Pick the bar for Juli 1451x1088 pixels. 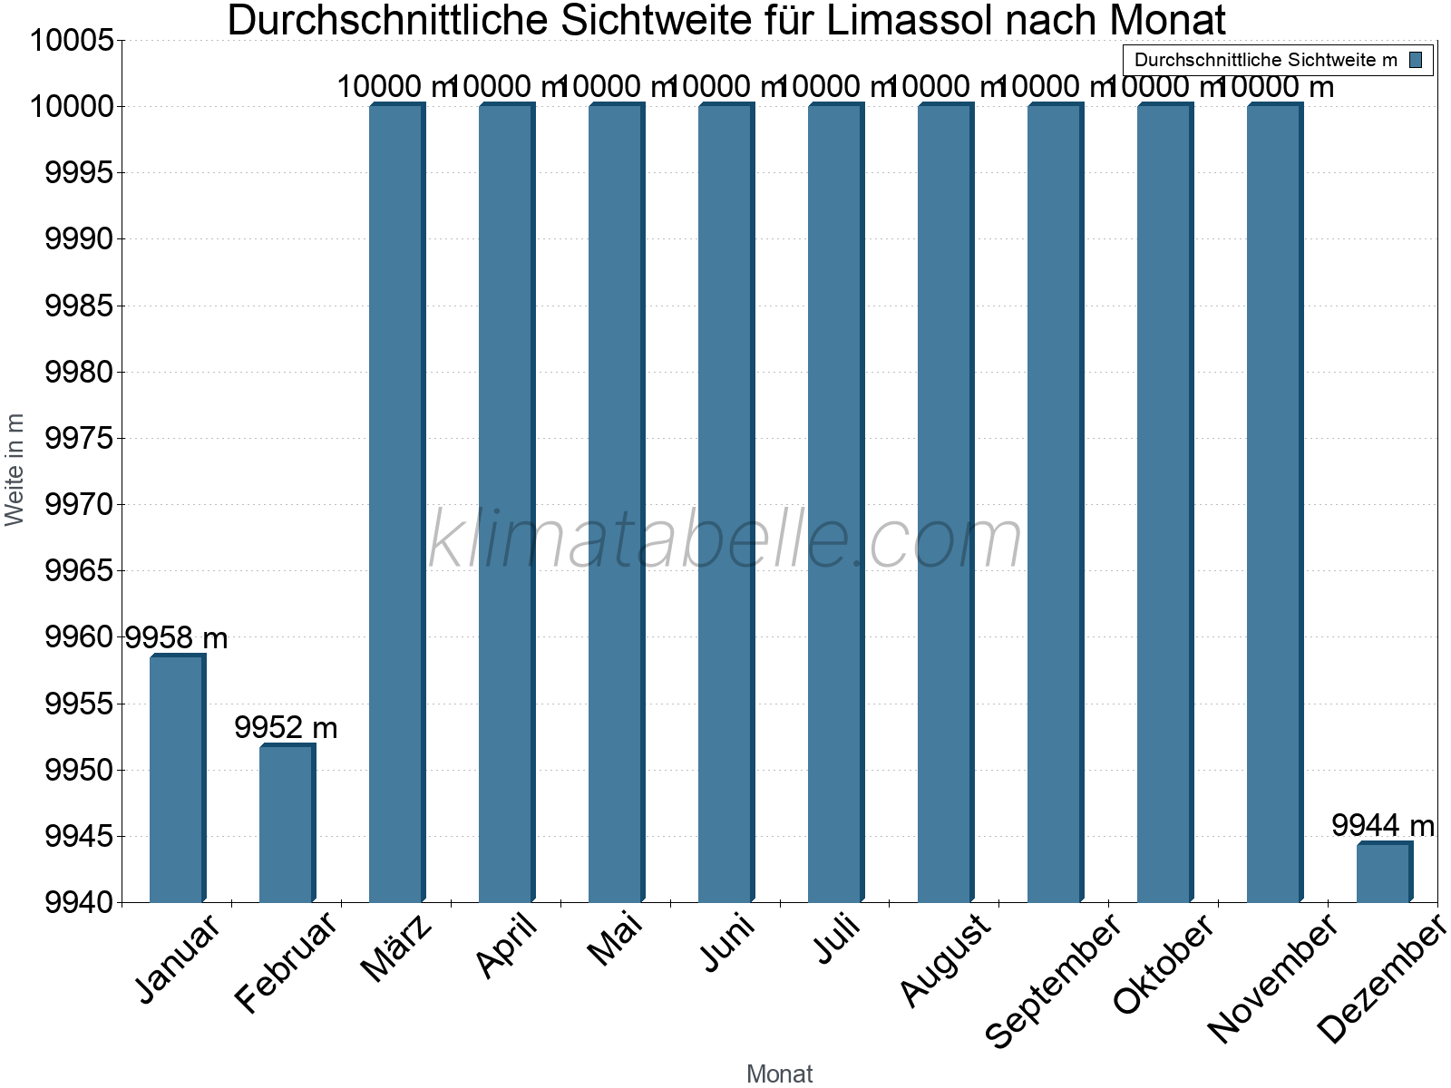pos(835,503)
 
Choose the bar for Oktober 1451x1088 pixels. pos(1164,503)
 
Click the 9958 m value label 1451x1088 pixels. pos(176,638)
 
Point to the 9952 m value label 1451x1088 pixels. pos(286,727)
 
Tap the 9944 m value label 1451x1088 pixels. pos(1383,825)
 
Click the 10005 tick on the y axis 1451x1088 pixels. pos(73,41)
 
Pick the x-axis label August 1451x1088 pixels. pos(945,960)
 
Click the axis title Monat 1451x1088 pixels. pos(779,1073)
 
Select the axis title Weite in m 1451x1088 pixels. pos(15,470)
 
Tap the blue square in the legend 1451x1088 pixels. pos(1416,61)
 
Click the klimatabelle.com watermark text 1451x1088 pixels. pos(725,539)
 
